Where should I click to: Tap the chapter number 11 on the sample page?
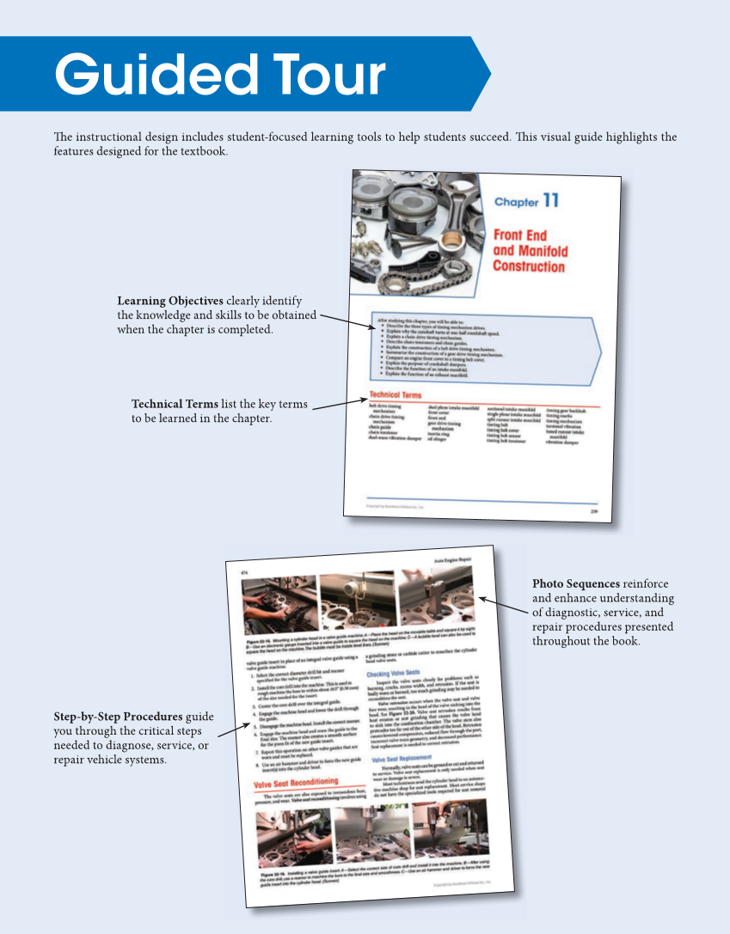click(x=551, y=201)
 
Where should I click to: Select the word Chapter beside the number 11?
click(x=516, y=203)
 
